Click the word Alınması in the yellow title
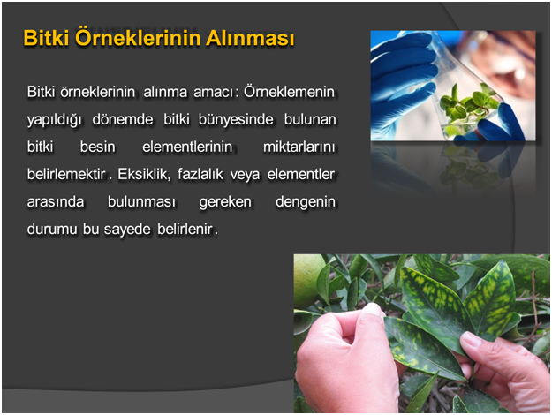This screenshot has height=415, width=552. [x=250, y=38]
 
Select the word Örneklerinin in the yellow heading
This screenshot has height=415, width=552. [x=137, y=37]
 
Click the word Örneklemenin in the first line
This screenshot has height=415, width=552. [x=289, y=92]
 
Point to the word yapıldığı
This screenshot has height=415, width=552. [x=54, y=120]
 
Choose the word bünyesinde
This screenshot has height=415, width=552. [x=236, y=119]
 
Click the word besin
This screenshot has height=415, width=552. [x=97, y=147]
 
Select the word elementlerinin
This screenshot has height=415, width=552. [x=187, y=147]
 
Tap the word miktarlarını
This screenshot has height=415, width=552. [x=299, y=147]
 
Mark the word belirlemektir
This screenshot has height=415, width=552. [x=66, y=174]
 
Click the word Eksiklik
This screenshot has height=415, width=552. [x=144, y=174]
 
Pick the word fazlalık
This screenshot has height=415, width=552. [x=200, y=174]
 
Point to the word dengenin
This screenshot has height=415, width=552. [x=306, y=202]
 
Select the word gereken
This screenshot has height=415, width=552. [x=225, y=202]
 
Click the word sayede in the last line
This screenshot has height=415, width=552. [x=127, y=230]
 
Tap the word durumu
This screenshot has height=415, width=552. [x=52, y=230]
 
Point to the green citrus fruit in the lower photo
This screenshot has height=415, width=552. [x=307, y=281]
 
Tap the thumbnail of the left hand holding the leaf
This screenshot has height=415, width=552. [x=373, y=310]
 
